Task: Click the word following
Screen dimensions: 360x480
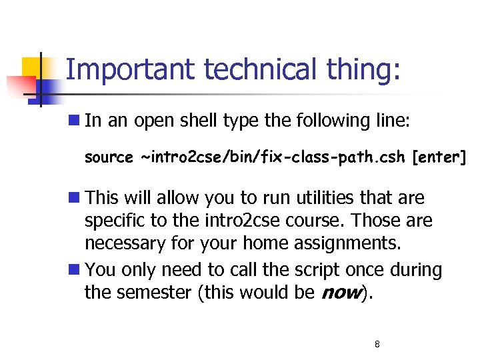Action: point(330,121)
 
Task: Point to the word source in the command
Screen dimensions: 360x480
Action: point(109,158)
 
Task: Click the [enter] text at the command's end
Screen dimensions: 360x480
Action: point(439,157)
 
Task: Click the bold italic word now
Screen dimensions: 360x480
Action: point(342,293)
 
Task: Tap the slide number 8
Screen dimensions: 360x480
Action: point(377,345)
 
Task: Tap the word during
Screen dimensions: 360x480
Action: point(417,270)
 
